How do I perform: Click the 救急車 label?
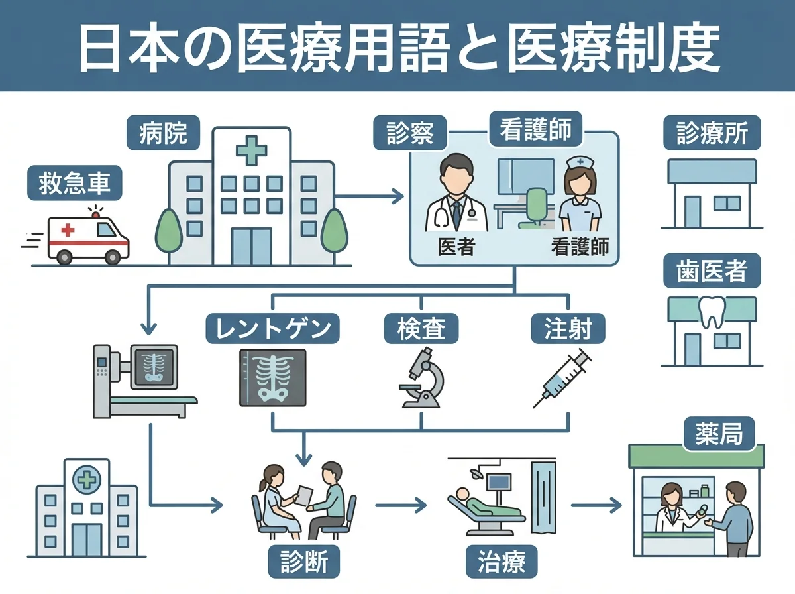74,183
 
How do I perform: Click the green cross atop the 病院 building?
251,151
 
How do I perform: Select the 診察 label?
410,133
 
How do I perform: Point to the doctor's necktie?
456,212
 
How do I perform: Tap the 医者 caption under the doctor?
456,247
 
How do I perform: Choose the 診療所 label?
712,133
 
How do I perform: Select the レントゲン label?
273,327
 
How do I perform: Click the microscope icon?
421,378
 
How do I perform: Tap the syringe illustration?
562,379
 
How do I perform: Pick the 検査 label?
421,327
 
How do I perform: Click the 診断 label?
304,563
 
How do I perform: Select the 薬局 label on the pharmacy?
719,436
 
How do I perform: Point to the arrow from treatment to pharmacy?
596,506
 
